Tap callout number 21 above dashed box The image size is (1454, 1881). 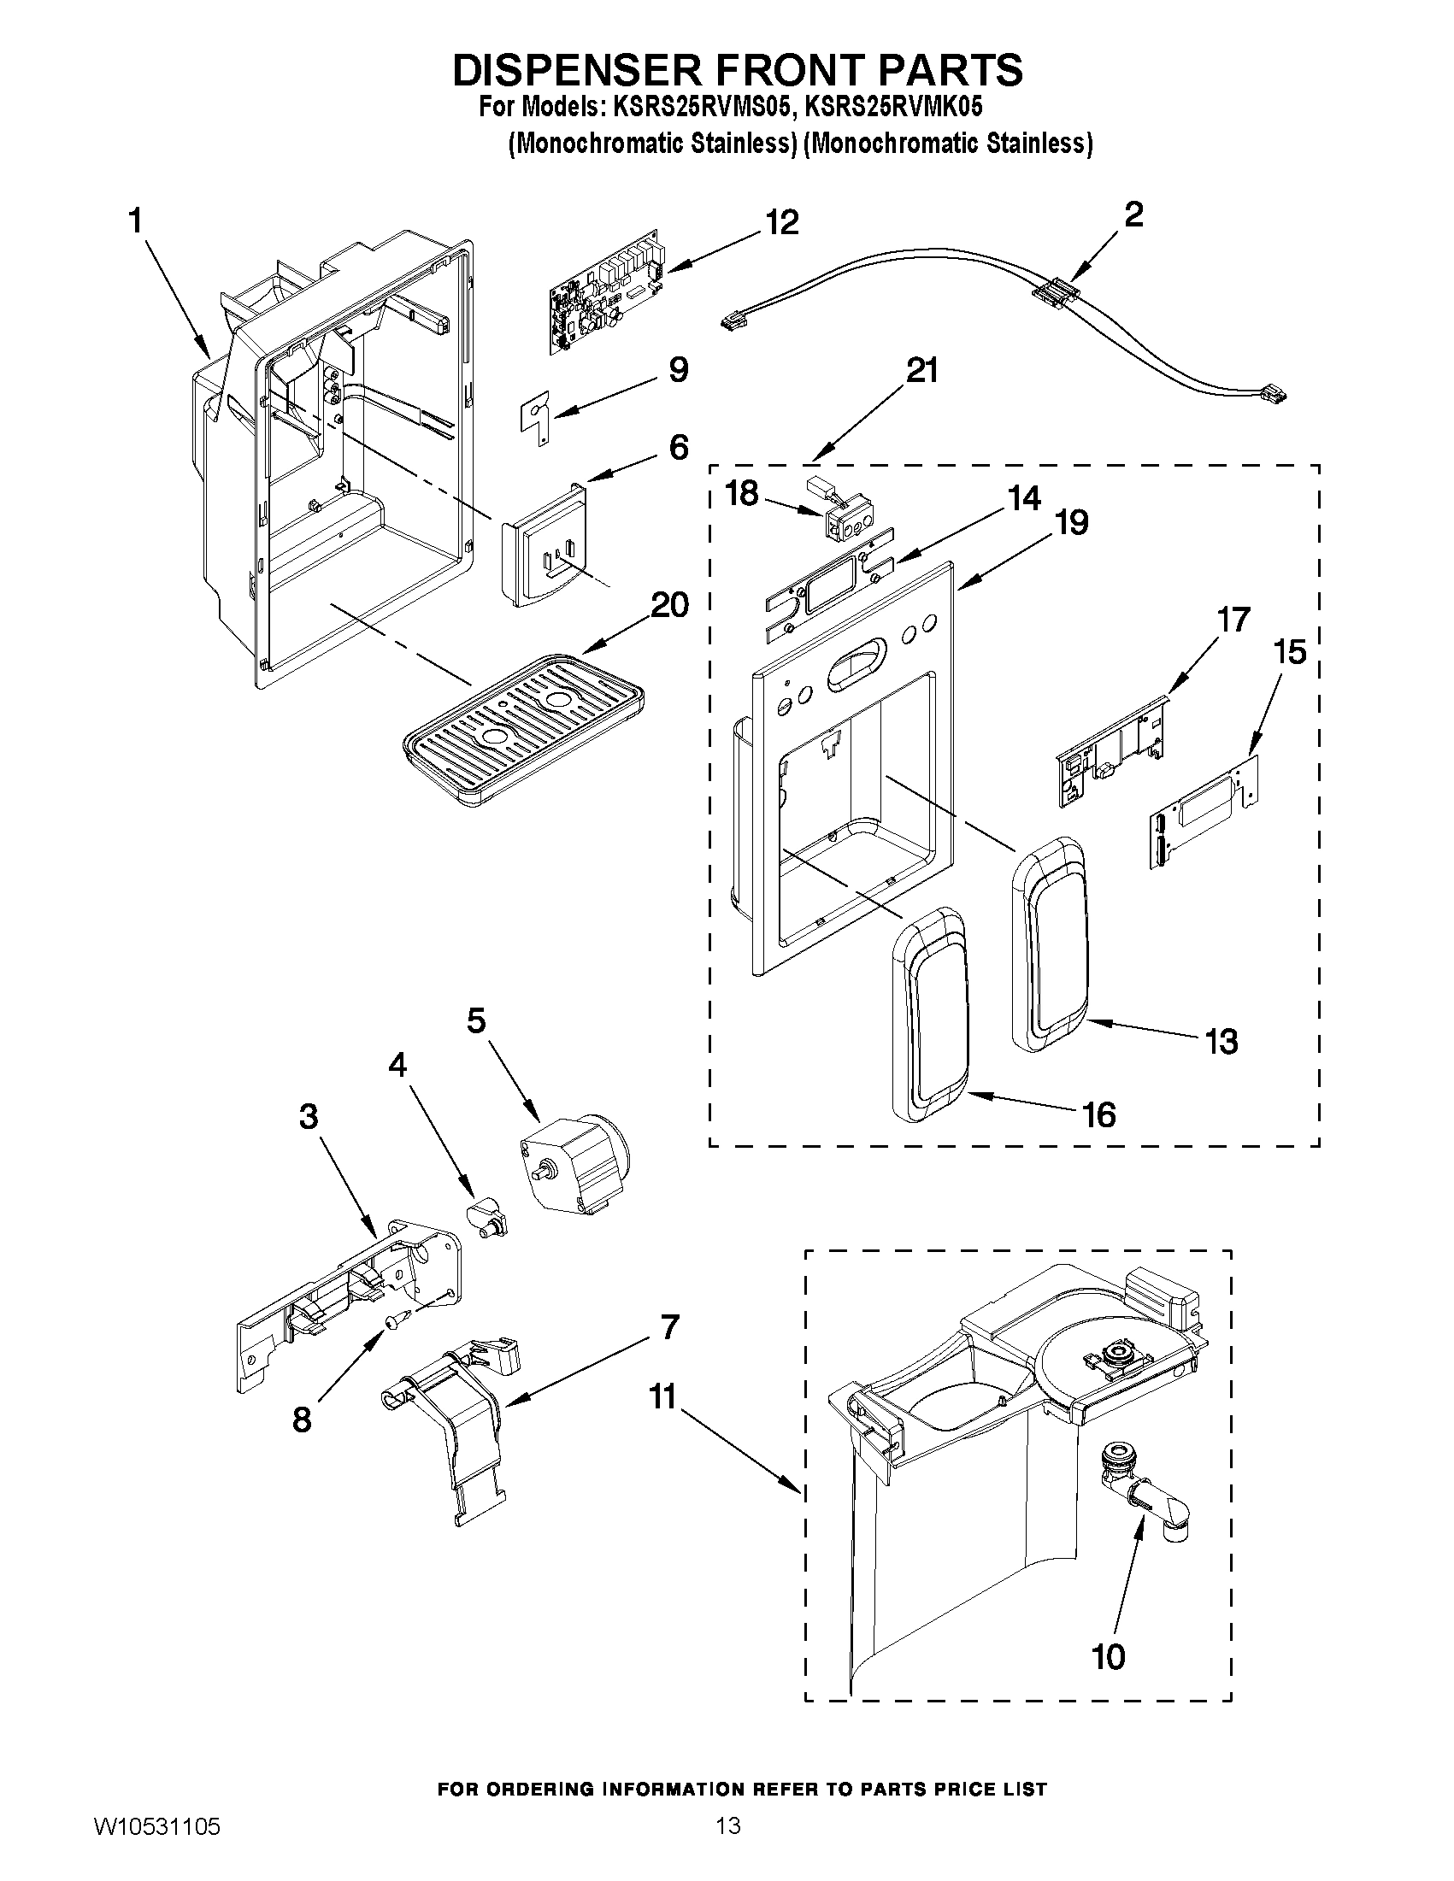[x=921, y=371]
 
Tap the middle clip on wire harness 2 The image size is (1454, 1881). [x=1057, y=291]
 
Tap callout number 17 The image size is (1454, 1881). [x=1233, y=620]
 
